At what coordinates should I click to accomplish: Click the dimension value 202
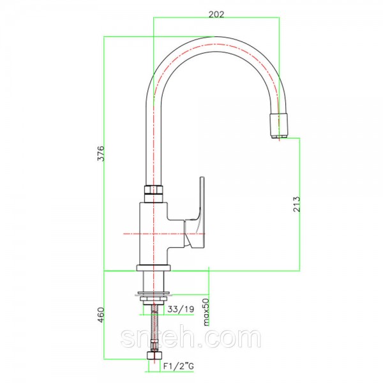(x=216, y=15)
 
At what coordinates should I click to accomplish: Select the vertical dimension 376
(x=101, y=153)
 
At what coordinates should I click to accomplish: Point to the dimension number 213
(x=296, y=204)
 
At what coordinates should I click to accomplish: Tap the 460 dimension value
(x=101, y=315)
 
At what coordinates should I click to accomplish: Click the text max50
(x=206, y=312)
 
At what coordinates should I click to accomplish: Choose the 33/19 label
(x=181, y=309)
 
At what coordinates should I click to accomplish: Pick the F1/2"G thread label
(x=179, y=366)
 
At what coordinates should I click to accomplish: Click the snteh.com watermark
(x=191, y=338)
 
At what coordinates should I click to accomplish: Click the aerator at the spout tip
(x=278, y=126)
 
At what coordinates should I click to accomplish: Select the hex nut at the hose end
(x=154, y=355)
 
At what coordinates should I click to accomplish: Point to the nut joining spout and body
(x=153, y=193)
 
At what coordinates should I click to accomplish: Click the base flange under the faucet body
(x=153, y=268)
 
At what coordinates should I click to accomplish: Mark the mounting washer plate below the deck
(x=153, y=294)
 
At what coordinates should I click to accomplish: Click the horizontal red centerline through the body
(x=164, y=234)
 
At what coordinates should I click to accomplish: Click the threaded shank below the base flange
(x=153, y=281)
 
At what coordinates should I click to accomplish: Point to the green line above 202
(x=216, y=18)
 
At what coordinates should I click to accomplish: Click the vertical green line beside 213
(x=300, y=204)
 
